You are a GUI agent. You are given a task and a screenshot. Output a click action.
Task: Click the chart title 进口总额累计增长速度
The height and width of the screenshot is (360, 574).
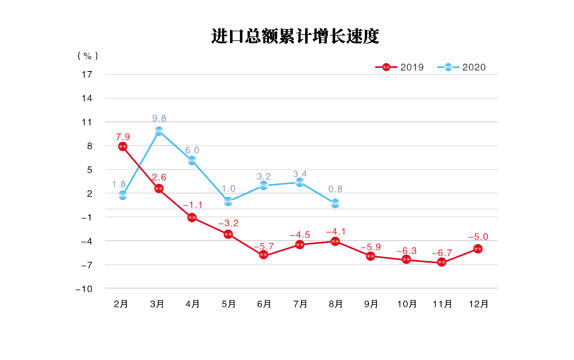coord(295,36)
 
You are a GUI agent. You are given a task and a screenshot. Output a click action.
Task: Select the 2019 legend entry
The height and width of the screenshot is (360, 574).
coord(399,67)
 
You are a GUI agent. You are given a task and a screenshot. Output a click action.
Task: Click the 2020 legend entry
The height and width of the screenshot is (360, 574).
coord(461,67)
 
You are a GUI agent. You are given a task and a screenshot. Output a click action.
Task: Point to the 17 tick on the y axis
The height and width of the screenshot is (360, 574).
coord(87,74)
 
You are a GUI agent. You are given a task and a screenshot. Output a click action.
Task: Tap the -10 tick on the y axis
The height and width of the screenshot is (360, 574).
coord(84,289)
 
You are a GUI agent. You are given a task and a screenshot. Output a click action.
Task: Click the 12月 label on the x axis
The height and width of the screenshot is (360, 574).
coord(478,304)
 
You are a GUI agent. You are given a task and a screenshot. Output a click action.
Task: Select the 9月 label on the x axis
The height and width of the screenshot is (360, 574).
coord(371,304)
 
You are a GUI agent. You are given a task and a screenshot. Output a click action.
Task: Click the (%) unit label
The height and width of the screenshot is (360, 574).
coord(88,56)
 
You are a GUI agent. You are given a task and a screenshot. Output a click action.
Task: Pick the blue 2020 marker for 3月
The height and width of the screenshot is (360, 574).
coord(159,131)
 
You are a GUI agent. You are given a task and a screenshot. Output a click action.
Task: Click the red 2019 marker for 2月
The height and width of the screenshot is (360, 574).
coord(123,147)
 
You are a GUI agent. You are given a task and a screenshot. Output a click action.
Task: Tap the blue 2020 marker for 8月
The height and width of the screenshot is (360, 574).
coord(335,203)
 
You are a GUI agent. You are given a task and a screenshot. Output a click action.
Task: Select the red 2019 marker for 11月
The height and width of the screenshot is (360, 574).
coord(442,262)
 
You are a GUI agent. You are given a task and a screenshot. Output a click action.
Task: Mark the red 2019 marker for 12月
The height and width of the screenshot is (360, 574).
coord(478,249)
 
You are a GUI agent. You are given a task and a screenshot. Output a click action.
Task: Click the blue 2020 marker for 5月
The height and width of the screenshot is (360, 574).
coord(228,202)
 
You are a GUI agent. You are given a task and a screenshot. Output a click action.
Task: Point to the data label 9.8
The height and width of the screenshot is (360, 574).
coord(159,118)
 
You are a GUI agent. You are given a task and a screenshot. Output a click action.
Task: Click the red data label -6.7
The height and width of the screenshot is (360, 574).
coord(442,253)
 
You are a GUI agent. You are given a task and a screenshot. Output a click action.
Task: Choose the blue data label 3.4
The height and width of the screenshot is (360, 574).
coord(300,174)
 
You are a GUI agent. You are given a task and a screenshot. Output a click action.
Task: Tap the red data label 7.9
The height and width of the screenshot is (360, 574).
coord(123,137)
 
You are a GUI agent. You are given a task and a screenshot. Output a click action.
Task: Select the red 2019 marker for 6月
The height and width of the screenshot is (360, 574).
coord(264,255)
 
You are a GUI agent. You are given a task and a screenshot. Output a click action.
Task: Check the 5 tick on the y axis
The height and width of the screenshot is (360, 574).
coord(90,170)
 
